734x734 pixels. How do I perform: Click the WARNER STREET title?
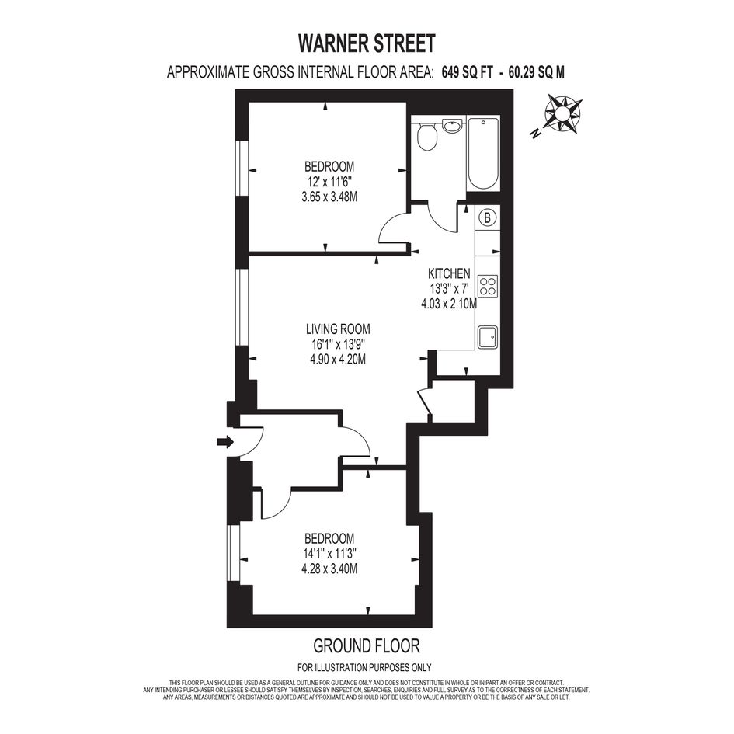pyautogui.click(x=367, y=43)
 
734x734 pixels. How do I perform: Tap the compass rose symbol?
pyautogui.click(x=562, y=113)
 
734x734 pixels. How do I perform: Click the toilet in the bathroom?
pyautogui.click(x=426, y=136)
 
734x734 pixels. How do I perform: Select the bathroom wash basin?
pyautogui.click(x=452, y=126)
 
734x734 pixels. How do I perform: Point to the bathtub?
pyautogui.click(x=482, y=154)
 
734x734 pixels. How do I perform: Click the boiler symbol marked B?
pyautogui.click(x=488, y=217)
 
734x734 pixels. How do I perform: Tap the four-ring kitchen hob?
pyautogui.click(x=488, y=286)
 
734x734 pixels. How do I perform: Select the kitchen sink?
pyautogui.click(x=488, y=337)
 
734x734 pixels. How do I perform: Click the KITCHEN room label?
pyautogui.click(x=449, y=273)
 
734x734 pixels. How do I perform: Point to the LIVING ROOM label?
pyautogui.click(x=338, y=329)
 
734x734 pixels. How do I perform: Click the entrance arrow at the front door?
pyautogui.click(x=225, y=441)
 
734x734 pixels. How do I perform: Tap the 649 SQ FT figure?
pyautogui.click(x=467, y=72)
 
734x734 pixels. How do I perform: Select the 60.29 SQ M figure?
pyautogui.click(x=537, y=72)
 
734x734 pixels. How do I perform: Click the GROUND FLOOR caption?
pyautogui.click(x=367, y=646)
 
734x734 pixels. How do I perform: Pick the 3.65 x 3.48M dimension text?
pyautogui.click(x=329, y=197)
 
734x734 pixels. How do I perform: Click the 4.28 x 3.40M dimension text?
pyautogui.click(x=329, y=569)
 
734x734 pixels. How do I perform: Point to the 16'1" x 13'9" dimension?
pyautogui.click(x=338, y=345)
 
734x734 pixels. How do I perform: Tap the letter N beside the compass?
pyautogui.click(x=534, y=134)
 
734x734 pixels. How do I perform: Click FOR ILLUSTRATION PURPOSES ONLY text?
pyautogui.click(x=364, y=667)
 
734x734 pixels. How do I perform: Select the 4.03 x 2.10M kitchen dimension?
pyautogui.click(x=449, y=304)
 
